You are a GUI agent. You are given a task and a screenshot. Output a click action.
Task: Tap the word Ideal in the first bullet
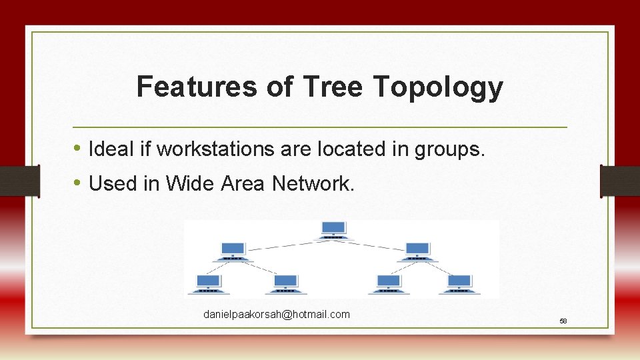pyautogui.click(x=111, y=149)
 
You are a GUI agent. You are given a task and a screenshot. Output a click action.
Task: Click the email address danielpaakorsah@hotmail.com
pyautogui.click(x=276, y=314)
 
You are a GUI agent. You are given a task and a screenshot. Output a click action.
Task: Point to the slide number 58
pyautogui.click(x=563, y=321)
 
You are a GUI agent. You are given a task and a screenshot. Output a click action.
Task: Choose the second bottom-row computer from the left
pyautogui.click(x=285, y=283)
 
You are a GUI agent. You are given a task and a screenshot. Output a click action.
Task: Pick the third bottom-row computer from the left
pyautogui.click(x=388, y=283)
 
